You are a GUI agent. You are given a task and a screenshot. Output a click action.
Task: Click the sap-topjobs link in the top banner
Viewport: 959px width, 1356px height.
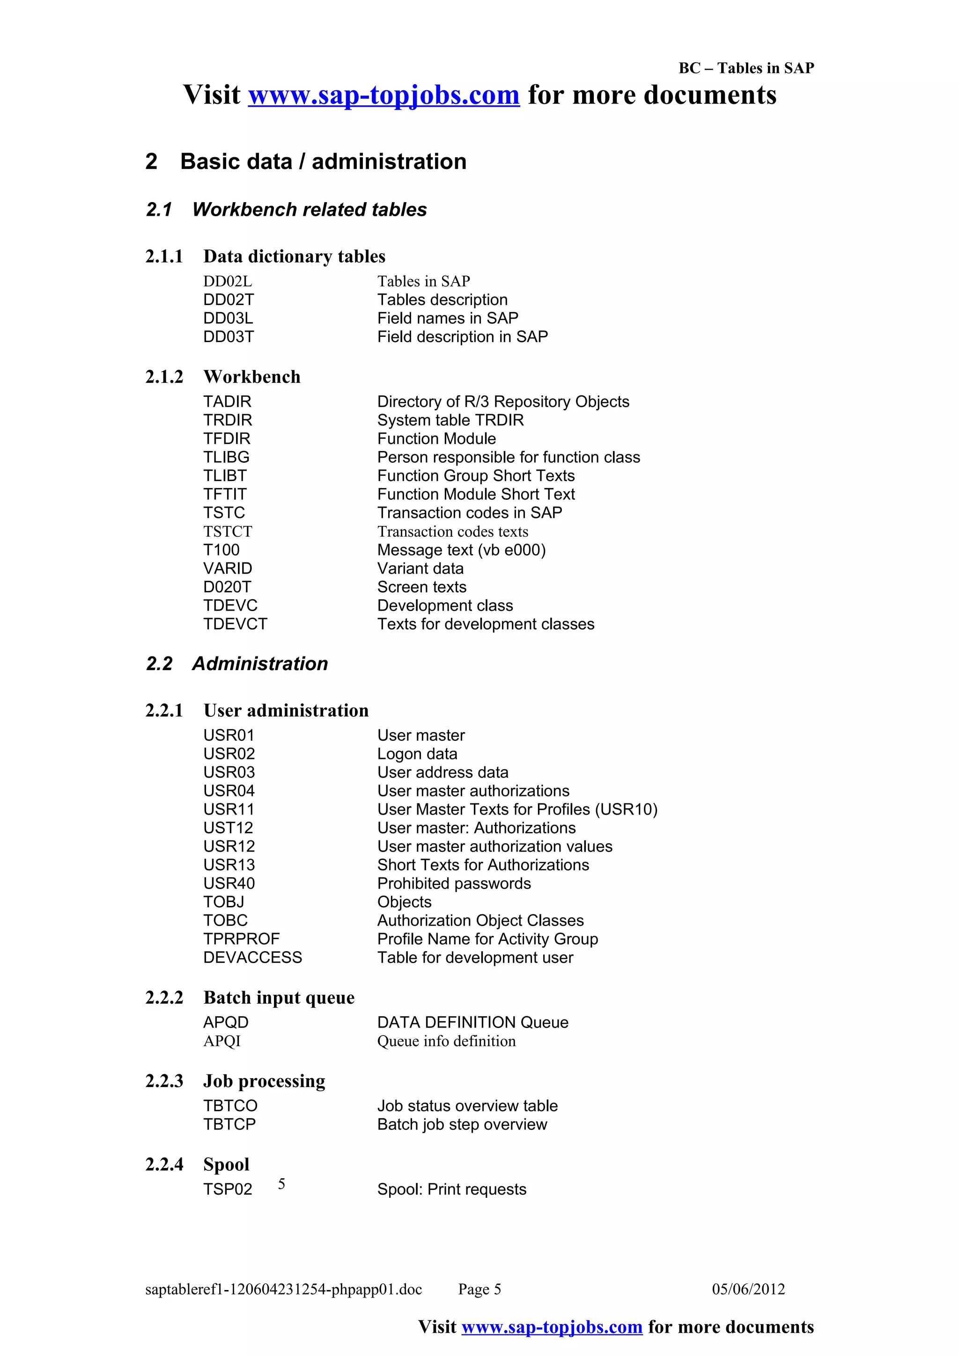(384, 95)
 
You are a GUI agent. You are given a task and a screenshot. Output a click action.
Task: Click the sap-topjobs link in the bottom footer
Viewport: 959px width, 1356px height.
(552, 1327)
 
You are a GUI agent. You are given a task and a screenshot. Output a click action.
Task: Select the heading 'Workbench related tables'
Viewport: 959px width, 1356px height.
(309, 210)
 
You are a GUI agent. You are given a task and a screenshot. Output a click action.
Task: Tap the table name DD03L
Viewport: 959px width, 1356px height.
(228, 318)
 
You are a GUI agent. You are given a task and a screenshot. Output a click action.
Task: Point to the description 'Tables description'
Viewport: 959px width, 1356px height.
(442, 299)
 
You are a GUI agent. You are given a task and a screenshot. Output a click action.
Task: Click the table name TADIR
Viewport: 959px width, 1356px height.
(228, 401)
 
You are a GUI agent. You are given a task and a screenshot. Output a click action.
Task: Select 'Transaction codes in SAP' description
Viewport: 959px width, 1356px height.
(470, 513)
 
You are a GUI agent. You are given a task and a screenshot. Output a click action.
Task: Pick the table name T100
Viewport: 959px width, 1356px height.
(221, 550)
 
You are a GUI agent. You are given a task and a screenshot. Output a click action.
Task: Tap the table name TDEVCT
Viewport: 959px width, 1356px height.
(235, 624)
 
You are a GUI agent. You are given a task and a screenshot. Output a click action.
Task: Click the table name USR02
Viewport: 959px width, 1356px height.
(229, 754)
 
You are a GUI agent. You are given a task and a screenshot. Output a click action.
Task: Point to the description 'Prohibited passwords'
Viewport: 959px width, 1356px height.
(454, 883)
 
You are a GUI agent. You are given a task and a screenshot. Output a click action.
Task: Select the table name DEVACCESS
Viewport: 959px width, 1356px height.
(252, 957)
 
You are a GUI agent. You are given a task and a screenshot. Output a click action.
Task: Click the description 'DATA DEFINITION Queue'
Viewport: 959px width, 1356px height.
(472, 1022)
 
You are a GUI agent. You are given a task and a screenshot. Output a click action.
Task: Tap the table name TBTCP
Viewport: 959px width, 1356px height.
(229, 1124)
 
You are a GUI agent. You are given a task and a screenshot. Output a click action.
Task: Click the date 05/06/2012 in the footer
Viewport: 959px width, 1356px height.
(748, 1289)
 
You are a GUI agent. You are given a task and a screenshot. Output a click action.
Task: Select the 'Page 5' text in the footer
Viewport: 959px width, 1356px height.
(479, 1289)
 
